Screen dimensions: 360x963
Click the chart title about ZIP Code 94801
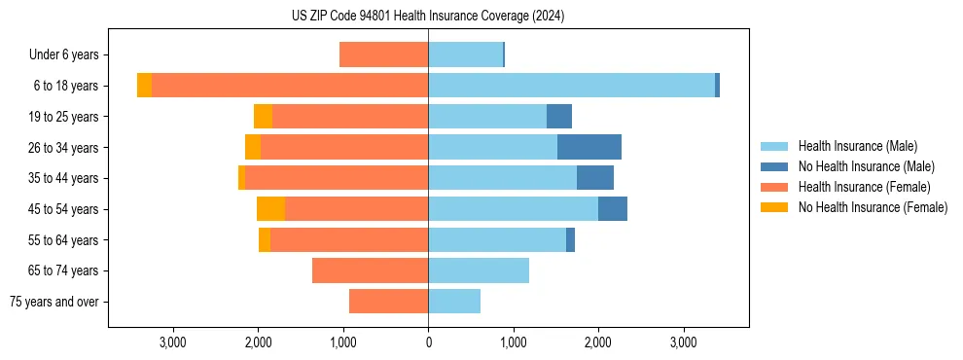coord(428,17)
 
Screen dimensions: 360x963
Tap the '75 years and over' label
coord(54,302)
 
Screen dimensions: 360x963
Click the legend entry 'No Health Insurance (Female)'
coord(873,207)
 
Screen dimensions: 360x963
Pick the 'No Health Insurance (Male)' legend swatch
coord(774,166)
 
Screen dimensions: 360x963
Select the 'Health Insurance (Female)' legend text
coord(864,187)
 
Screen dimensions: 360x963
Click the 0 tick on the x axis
coord(428,342)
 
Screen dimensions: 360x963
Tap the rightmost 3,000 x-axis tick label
coord(683,342)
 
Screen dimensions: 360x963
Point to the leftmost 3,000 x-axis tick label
coord(172,342)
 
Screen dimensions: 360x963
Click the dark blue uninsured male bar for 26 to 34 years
coord(589,147)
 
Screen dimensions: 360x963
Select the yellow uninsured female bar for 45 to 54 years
coord(270,209)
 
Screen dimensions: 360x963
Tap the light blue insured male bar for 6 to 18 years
coord(571,86)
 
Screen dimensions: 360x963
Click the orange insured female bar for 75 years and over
coord(388,302)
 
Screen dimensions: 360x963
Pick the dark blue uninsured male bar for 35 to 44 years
coord(595,178)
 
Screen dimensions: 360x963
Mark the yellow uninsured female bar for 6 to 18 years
coord(144,86)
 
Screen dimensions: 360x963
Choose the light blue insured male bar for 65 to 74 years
coord(479,270)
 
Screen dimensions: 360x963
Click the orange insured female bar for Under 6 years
coord(383,55)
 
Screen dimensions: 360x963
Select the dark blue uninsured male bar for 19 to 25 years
coord(559,117)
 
